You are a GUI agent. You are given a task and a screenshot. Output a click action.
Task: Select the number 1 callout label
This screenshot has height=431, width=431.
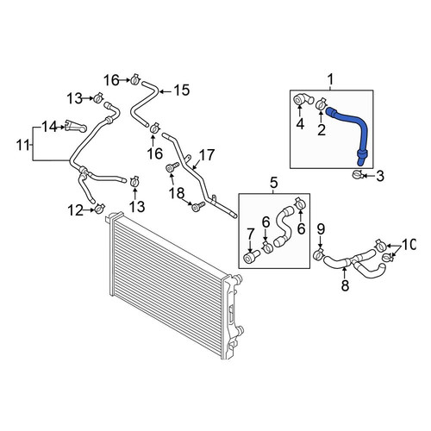coord(330,79)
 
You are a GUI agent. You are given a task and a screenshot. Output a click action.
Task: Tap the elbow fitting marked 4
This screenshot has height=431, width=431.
coord(303,100)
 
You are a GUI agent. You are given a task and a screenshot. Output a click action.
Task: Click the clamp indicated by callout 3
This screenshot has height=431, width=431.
coord(357,174)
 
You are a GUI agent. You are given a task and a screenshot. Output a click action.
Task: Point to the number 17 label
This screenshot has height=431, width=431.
coord(206,155)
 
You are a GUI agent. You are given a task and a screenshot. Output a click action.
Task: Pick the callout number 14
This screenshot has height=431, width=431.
coord(50,127)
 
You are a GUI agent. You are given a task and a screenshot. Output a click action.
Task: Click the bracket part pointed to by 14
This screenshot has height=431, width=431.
coord(76,126)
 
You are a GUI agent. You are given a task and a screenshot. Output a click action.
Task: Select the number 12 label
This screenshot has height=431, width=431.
coord(75,211)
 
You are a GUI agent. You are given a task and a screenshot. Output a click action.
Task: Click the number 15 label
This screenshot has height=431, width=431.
coord(182,91)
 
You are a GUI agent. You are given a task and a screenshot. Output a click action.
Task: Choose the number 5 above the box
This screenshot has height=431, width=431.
coord(273,183)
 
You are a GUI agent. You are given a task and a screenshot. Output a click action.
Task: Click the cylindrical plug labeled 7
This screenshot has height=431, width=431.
coord(252,256)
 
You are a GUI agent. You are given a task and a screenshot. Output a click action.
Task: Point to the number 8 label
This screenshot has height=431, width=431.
coord(345,285)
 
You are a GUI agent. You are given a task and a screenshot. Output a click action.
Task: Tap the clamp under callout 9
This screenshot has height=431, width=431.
coord(319,254)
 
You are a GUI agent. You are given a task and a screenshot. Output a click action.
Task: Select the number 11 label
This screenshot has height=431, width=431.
coord(23,145)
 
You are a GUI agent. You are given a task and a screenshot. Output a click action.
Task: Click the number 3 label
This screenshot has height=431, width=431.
coord(380,176)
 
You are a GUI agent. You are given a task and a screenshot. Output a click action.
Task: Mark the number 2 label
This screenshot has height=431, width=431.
coord(322,130)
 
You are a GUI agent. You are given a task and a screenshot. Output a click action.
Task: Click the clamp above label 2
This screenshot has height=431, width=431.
coord(321,103)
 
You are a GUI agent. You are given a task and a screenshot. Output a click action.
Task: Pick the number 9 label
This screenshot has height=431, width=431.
coord(321,229)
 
